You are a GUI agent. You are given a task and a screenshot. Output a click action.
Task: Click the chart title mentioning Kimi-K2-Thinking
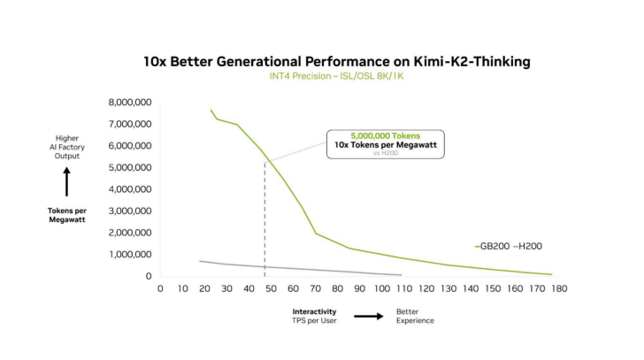[x=337, y=62]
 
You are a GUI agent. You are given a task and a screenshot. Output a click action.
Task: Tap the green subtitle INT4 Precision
[x=336, y=76]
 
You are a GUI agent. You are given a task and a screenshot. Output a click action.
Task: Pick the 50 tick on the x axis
[x=270, y=288]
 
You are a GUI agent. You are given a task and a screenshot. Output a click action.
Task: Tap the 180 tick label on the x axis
[x=558, y=288]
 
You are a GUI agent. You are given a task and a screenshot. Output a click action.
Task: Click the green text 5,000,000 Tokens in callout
[x=385, y=135]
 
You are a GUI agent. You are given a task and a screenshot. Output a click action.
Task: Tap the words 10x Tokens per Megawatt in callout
[x=385, y=144]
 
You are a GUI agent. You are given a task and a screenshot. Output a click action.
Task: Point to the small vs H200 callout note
[x=385, y=152]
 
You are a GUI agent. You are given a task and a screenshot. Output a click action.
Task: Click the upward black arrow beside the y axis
[x=67, y=183]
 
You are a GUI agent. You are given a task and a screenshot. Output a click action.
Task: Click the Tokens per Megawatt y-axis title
[x=67, y=215]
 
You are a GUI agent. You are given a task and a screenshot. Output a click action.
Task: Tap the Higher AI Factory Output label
[x=67, y=147]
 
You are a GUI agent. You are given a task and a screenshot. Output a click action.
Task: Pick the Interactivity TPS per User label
[x=315, y=316]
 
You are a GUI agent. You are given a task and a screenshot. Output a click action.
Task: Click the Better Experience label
[x=415, y=316]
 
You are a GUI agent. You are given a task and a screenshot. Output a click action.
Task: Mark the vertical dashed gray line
[x=264, y=221]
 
